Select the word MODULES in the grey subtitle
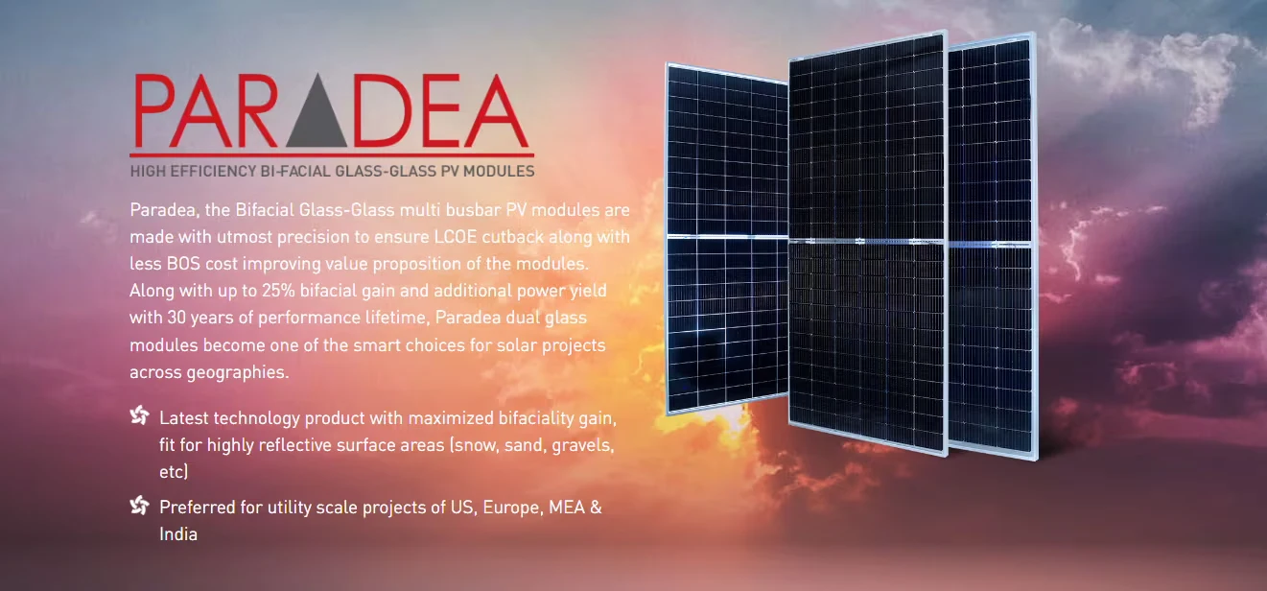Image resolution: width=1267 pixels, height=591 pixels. coord(499,172)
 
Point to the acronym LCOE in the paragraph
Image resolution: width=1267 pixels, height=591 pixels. coord(456,236)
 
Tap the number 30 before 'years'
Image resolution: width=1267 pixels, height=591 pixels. coord(176,318)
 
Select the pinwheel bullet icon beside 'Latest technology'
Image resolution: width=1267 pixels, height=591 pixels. coord(139,415)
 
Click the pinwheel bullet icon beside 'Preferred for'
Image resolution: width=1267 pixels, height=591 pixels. coord(139,505)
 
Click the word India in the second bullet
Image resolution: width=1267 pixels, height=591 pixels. coord(178,534)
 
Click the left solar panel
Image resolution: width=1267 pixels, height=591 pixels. coord(727,238)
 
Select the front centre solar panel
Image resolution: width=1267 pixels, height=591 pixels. coord(867,243)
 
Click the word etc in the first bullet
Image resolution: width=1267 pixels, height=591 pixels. coord(172,472)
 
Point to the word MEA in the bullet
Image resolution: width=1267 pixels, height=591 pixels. coord(567,508)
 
